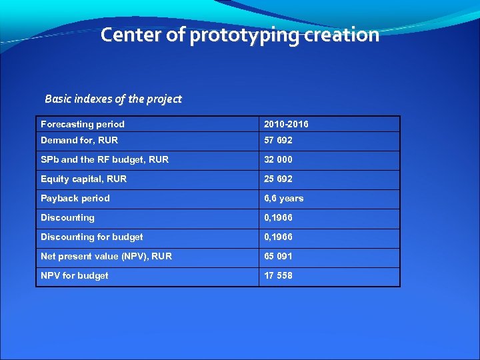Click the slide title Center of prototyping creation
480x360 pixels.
click(240, 35)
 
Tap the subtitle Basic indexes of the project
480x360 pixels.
click(113, 99)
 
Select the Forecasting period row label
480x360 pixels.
click(83, 124)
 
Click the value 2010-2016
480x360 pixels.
click(286, 124)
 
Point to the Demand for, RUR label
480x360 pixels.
click(79, 140)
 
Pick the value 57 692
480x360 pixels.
click(278, 140)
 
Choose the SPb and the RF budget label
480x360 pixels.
click(105, 159)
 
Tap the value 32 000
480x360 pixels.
click(278, 159)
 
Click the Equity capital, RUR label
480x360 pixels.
click(83, 179)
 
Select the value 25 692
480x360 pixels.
click(278, 179)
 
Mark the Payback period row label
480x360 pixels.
click(75, 198)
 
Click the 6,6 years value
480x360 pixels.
click(284, 198)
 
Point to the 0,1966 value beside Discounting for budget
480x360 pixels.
click(278, 237)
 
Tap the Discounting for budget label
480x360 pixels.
click(92, 237)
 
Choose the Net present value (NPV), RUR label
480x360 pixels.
click(106, 256)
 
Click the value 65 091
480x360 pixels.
click(278, 256)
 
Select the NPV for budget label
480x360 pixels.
click(75, 275)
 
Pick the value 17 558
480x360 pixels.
click(278, 275)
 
